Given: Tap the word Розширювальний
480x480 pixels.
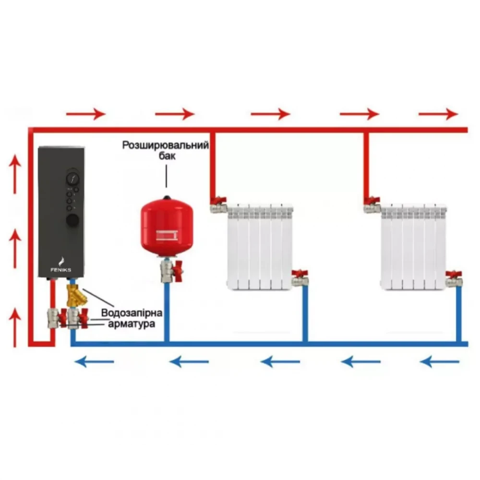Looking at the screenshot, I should (166, 145).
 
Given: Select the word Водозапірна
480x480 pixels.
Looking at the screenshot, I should (132, 313).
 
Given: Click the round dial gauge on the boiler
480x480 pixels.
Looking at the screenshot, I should (73, 179).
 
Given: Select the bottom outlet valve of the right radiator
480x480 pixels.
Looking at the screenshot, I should (453, 278).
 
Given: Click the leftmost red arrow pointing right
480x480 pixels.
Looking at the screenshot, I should (85, 114).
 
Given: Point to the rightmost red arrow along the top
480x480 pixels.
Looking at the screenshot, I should (438, 114).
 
